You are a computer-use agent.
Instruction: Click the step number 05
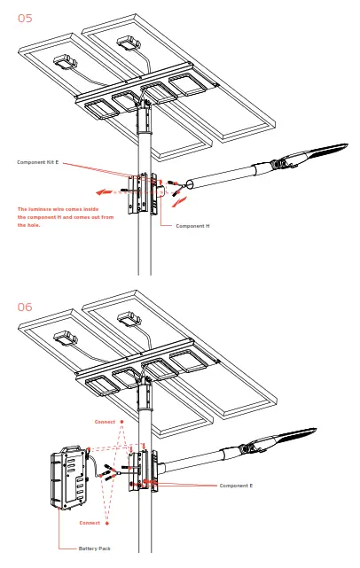(25, 18)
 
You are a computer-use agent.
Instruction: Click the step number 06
(25, 307)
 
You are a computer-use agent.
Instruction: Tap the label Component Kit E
(38, 162)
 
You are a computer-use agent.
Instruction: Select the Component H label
(192, 226)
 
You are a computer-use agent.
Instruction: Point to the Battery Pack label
(95, 549)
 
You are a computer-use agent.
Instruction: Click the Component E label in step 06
(236, 486)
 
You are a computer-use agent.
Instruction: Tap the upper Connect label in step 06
(105, 422)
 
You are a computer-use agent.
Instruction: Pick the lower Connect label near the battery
(90, 523)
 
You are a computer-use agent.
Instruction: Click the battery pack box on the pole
(69, 478)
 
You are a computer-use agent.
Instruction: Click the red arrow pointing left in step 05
(104, 192)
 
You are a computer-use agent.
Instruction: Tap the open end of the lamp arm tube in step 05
(189, 184)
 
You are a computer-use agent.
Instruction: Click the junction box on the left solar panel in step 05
(66, 61)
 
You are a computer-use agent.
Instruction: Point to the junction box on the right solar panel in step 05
(129, 43)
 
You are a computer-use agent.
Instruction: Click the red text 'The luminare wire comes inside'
(58, 209)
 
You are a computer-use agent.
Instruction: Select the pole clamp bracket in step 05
(143, 194)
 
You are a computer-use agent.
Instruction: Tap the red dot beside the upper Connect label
(121, 422)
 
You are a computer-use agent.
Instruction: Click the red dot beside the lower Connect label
(107, 523)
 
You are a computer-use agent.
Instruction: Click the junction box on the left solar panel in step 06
(66, 338)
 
